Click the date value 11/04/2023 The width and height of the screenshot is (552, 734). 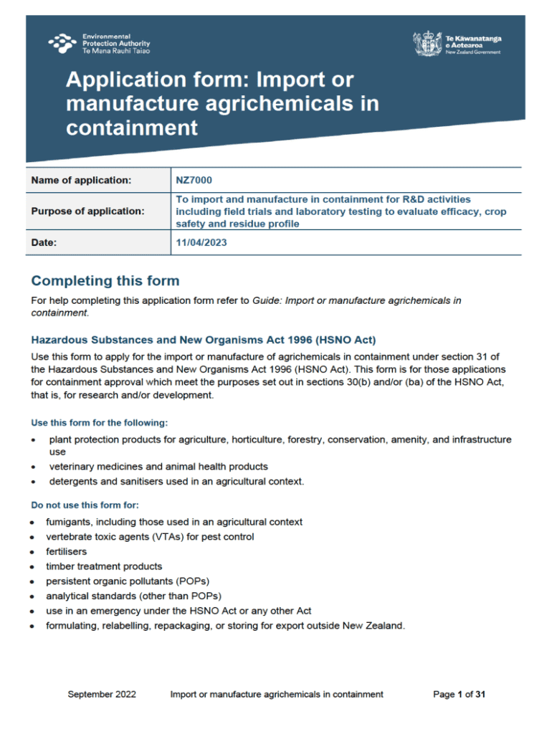201,243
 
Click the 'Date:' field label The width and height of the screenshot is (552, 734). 44,243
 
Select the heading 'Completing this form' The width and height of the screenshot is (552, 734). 105,280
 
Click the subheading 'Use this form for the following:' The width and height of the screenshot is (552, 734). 99,423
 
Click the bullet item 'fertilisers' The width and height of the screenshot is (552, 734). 67,551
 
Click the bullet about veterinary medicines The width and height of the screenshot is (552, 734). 158,467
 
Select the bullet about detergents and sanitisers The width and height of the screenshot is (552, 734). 176,482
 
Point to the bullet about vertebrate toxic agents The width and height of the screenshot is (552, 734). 150,537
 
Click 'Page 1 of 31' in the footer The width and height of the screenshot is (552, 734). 460,694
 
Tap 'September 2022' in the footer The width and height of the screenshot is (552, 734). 102,694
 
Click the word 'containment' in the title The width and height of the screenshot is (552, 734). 131,128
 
